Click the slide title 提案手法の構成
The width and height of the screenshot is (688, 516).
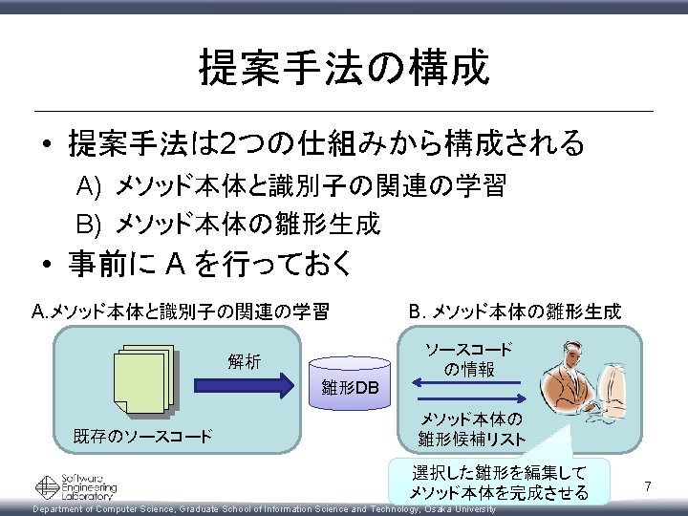coord(344,69)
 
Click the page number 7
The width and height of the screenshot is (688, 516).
coord(647,488)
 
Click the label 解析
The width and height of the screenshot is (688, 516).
coord(244,361)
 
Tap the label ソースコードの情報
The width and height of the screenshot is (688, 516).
coord(468,359)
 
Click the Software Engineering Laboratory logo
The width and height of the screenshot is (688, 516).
coord(76,487)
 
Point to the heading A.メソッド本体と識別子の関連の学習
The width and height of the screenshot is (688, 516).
coord(181,312)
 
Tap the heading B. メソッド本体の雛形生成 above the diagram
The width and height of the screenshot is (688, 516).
coord(514,312)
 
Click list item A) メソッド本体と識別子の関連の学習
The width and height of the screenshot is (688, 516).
coord(291,185)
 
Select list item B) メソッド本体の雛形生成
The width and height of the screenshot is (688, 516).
coord(228,224)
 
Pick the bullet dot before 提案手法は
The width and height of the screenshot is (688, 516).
coord(46,146)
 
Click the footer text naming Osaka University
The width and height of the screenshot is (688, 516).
coord(264,509)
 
